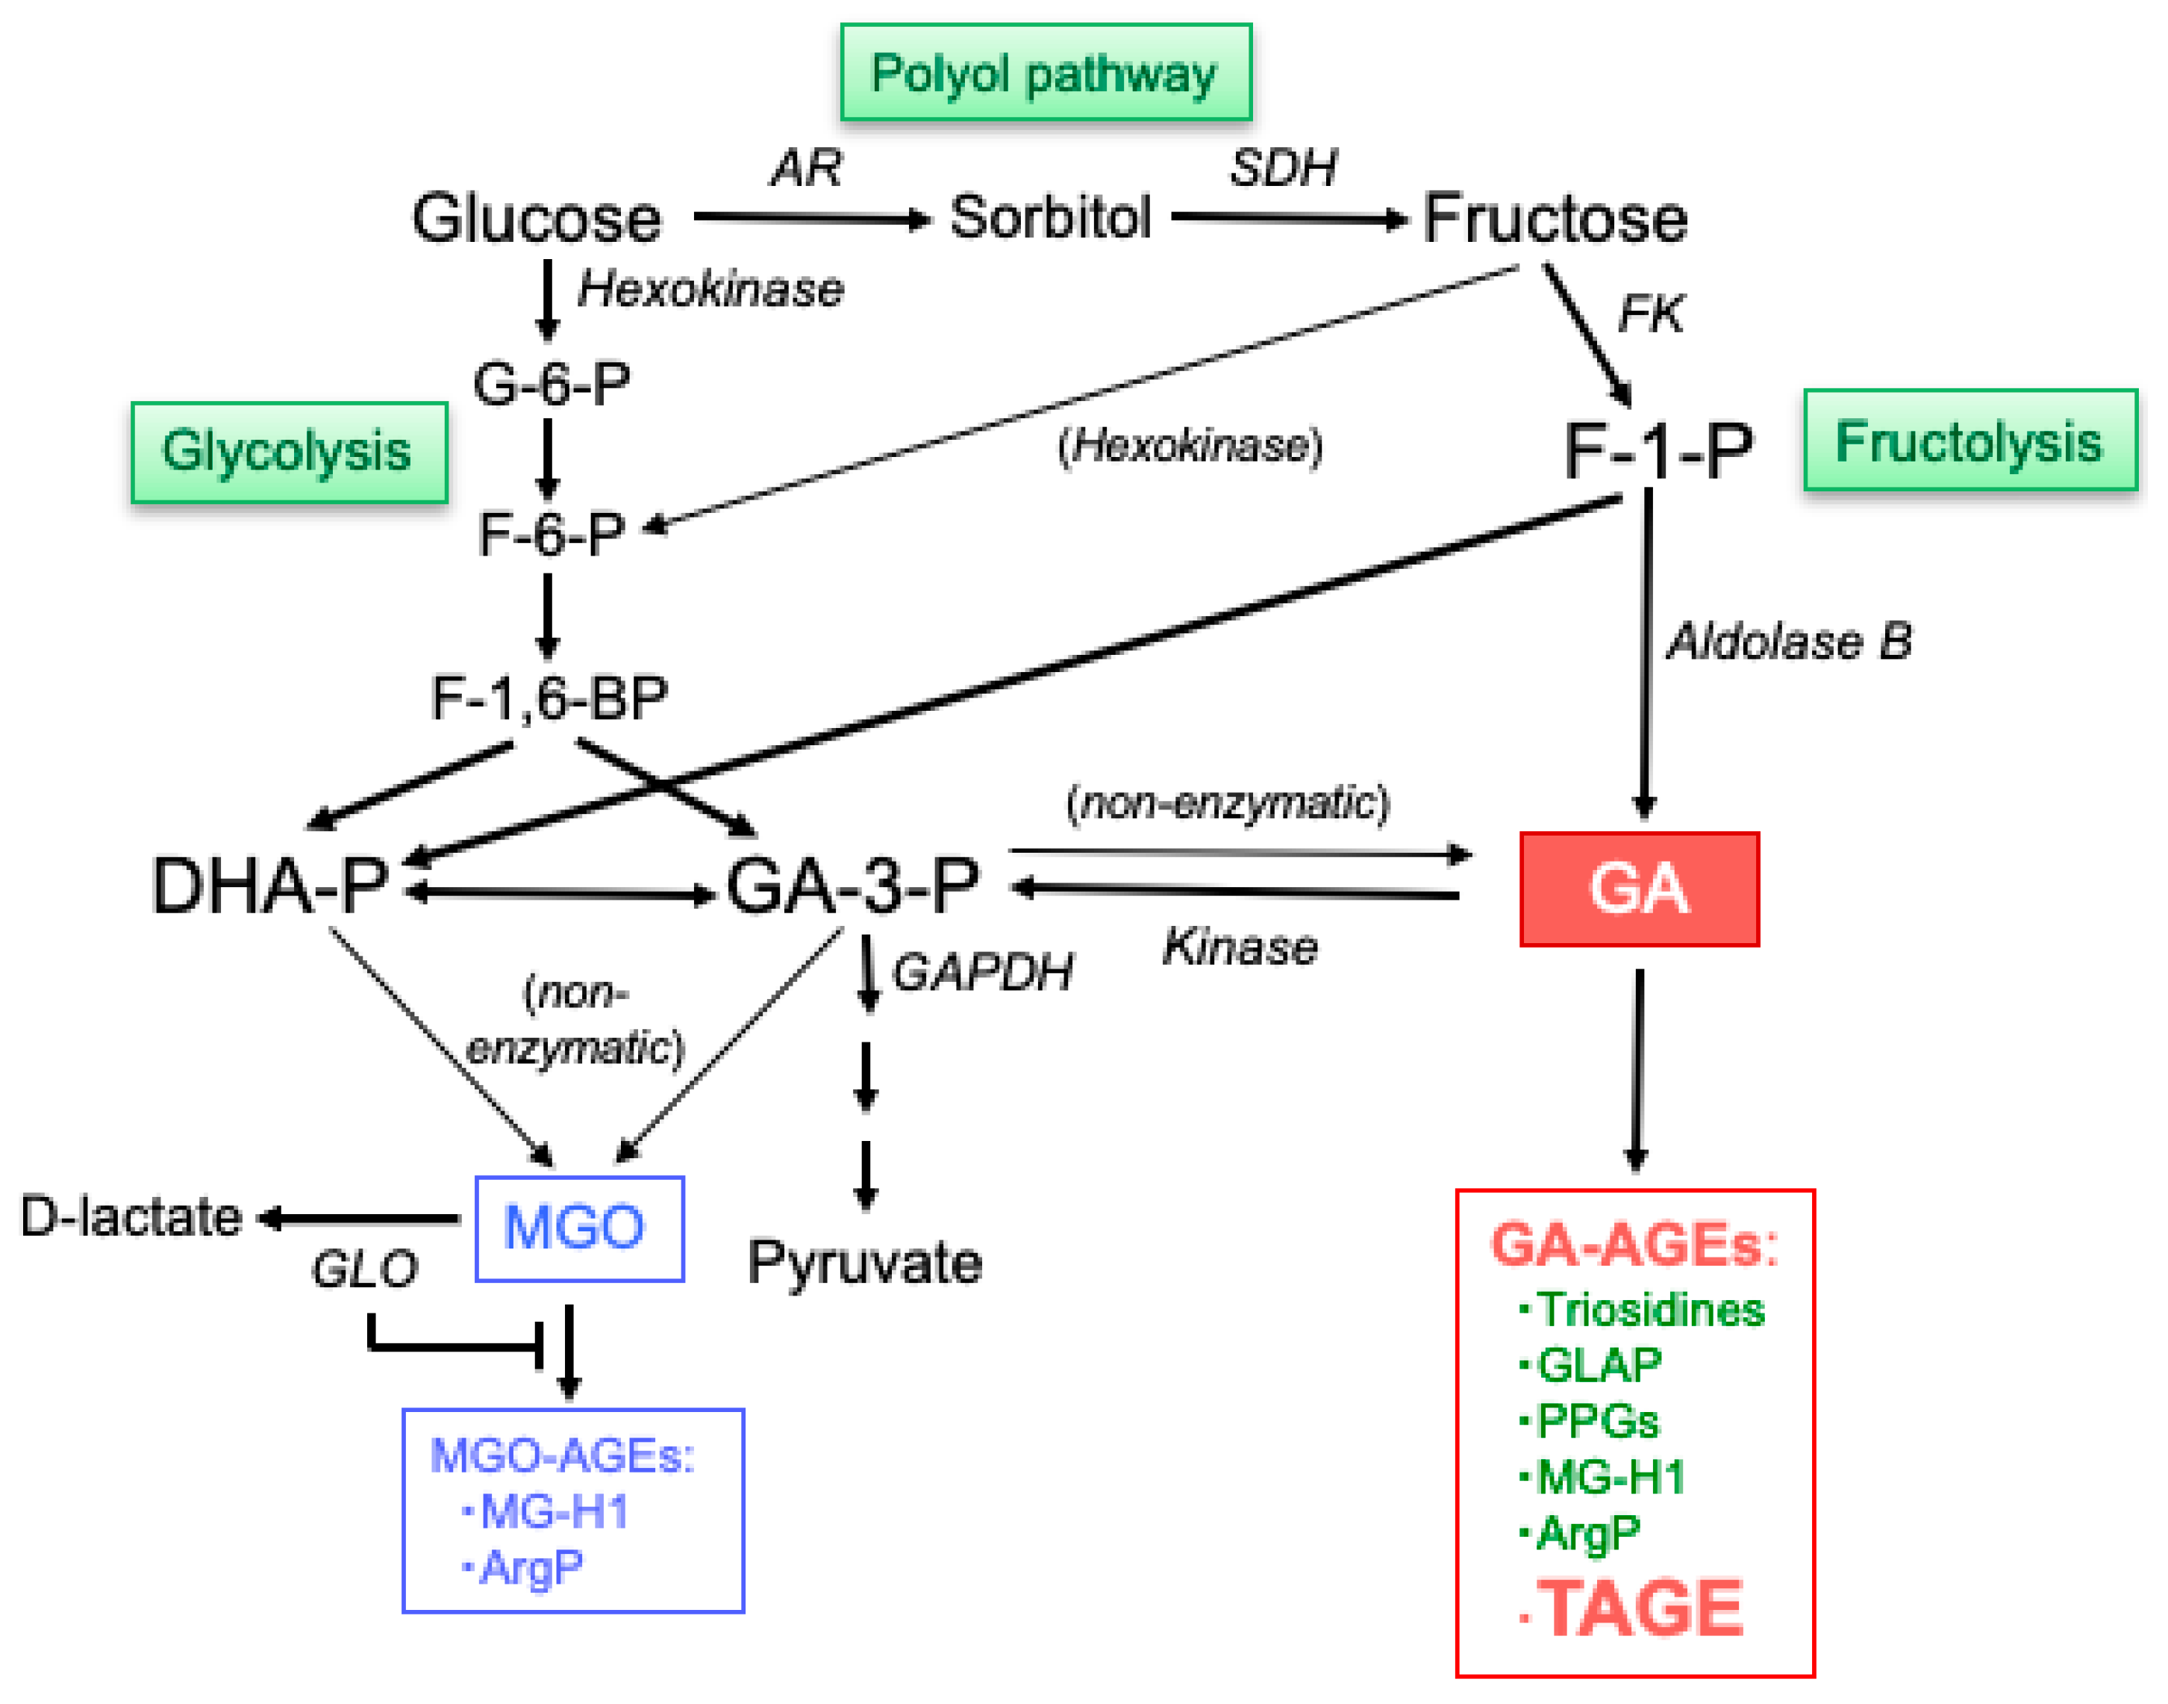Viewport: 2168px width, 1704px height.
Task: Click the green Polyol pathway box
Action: click(x=1045, y=73)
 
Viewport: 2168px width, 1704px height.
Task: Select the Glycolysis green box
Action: click(x=290, y=452)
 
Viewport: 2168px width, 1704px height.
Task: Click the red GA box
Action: click(x=1638, y=888)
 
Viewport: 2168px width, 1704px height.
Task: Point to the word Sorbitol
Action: click(x=1050, y=217)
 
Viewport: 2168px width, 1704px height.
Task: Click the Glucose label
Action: click(x=537, y=219)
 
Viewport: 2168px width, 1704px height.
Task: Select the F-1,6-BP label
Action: click(x=549, y=697)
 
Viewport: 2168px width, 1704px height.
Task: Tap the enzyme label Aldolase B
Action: click(x=1789, y=641)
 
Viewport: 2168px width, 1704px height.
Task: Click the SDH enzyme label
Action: click(x=1282, y=167)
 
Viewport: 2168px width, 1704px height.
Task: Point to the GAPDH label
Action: click(x=982, y=971)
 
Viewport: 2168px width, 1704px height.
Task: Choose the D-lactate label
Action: click(x=131, y=1216)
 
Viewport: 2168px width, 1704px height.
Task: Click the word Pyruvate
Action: click(x=865, y=1262)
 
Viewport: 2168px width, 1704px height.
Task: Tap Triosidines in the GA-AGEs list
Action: click(x=1650, y=1309)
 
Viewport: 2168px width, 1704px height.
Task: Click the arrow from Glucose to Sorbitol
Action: click(x=810, y=217)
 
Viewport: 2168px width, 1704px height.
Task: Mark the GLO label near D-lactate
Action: click(x=364, y=1269)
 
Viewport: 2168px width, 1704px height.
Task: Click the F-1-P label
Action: click(x=1658, y=451)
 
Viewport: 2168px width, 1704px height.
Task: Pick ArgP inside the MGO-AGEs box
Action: click(x=531, y=1567)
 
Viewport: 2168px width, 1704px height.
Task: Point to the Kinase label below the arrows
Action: click(x=1240, y=946)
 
